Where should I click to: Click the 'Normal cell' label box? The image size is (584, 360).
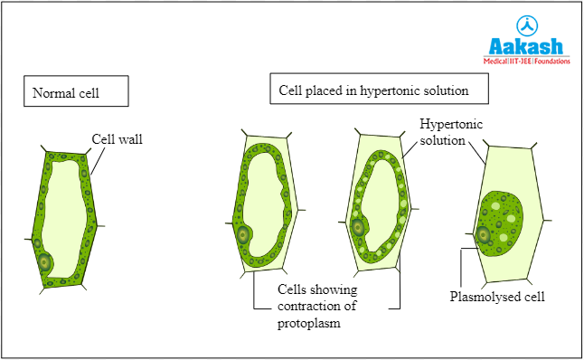[x=76, y=92]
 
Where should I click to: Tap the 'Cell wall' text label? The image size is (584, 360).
[x=117, y=139]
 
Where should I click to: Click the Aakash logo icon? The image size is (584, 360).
[x=525, y=25]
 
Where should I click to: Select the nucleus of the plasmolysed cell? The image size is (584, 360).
[x=483, y=235]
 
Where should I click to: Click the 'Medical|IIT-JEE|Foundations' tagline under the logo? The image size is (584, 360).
[x=525, y=62]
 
